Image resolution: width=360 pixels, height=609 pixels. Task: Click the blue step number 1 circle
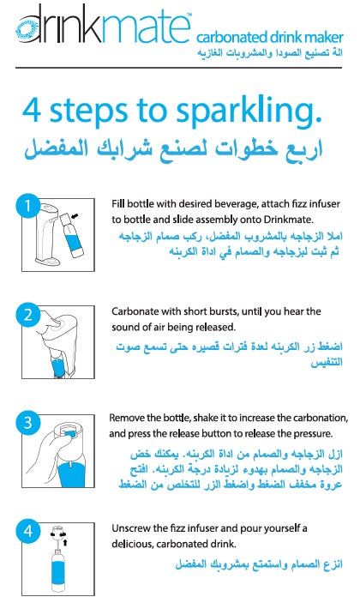(x=27, y=206)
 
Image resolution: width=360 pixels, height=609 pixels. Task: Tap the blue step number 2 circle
(x=27, y=314)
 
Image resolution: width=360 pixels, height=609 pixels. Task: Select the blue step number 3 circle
(x=27, y=423)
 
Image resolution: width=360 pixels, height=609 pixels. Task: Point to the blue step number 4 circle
(x=27, y=531)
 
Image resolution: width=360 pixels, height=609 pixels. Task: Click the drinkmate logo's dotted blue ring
(x=27, y=30)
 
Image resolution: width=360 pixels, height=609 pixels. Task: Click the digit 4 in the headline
(x=32, y=111)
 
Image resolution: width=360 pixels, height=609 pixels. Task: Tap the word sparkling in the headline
(x=249, y=112)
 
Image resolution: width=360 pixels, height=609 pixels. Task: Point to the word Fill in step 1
(x=118, y=204)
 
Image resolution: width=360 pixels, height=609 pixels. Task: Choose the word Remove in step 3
(x=125, y=418)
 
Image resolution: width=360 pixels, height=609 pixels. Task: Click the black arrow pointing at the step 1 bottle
(x=75, y=215)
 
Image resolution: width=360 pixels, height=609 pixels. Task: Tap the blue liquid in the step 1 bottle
(x=74, y=239)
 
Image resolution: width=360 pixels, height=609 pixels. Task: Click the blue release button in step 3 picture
(x=69, y=433)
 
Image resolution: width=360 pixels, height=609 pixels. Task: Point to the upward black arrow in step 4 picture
(x=65, y=542)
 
